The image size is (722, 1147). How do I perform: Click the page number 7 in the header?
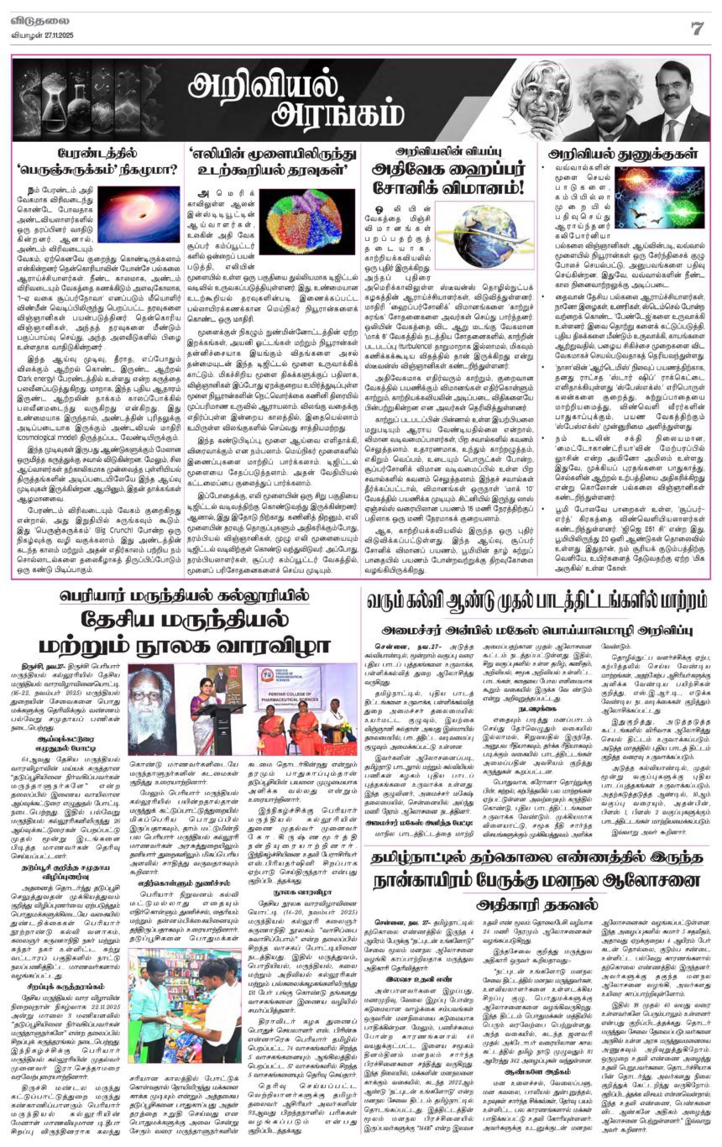pos(697,28)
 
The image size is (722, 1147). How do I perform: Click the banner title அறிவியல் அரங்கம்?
pos(264,99)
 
